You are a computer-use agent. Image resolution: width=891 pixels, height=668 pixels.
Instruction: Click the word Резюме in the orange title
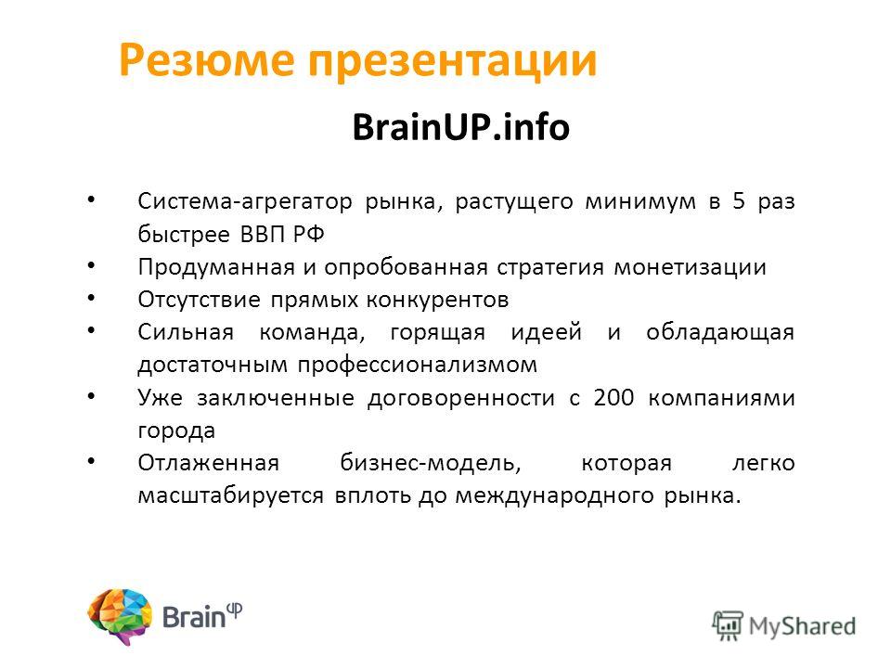pos(207,59)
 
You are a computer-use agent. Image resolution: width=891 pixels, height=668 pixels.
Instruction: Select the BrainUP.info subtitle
pos(461,127)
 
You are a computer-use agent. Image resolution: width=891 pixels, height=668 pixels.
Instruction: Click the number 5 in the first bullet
pos(739,201)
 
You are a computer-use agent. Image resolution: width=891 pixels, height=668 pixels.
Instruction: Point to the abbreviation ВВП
pos(261,234)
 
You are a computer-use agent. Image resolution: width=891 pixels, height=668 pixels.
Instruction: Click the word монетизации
pos(690,267)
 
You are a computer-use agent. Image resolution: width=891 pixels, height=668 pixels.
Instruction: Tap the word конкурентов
pos(437,300)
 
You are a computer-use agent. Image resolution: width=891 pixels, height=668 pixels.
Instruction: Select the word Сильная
pos(186,332)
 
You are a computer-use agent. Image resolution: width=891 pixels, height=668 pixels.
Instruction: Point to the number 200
pos(613,398)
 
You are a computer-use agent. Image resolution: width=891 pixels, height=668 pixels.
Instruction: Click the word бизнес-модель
pos(430,464)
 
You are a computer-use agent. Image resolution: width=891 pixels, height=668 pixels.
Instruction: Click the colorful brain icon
pos(120,616)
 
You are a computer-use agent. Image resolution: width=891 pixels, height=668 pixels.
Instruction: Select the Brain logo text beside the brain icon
pos(202,616)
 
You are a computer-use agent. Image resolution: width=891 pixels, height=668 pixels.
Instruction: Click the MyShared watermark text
pos(802,627)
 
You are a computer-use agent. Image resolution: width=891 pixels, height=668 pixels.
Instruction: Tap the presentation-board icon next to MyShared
pos(728,625)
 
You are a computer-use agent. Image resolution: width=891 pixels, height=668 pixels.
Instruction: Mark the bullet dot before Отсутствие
pos(92,297)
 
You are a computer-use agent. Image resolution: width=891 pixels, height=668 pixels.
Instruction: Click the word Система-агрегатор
pos(245,202)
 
